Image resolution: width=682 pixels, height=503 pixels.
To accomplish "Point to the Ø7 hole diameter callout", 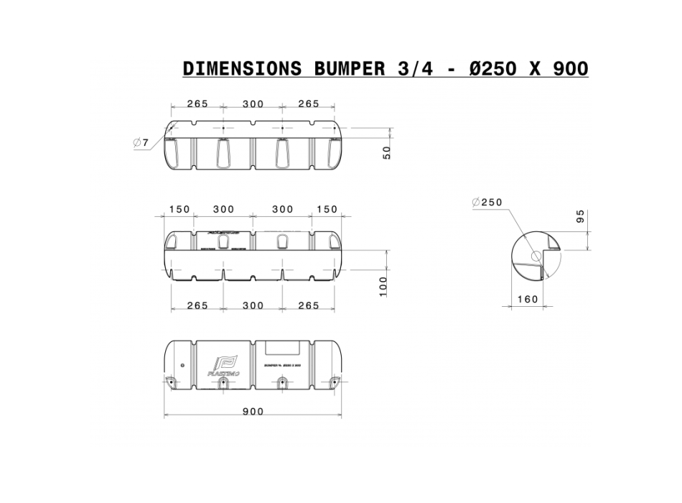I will coord(141,143).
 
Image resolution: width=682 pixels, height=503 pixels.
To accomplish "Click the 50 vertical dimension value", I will coord(387,152).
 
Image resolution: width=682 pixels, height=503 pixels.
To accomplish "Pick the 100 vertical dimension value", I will coord(383,285).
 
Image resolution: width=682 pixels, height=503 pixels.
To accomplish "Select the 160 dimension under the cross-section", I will coord(526,299).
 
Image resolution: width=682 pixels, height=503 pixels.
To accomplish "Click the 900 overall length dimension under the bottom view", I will coord(253,412).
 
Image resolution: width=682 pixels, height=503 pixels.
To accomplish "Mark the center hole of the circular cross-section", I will coord(535,255).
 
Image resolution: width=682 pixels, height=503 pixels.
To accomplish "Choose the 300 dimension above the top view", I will coord(253,104).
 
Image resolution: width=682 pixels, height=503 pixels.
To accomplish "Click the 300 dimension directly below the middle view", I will coord(253,305).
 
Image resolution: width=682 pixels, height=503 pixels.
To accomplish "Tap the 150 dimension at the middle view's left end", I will coord(179,209).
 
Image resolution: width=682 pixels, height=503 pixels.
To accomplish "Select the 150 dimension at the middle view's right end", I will coord(326,209).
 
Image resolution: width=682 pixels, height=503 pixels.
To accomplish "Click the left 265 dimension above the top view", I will coord(197,104).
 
